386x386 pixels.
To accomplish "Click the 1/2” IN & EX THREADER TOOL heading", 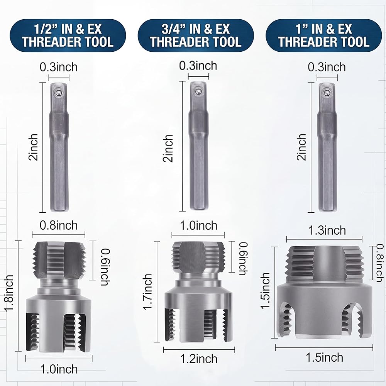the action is click(x=68, y=36).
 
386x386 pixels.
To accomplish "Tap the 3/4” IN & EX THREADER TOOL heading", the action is click(x=196, y=36).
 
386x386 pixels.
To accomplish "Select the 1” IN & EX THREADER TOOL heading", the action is click(x=324, y=36).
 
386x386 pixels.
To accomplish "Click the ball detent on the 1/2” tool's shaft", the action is click(x=59, y=93).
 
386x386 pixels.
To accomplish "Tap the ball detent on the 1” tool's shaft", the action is click(x=327, y=93).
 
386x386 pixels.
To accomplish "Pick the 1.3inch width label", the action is click(x=327, y=230).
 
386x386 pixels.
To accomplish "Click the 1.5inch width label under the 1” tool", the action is click(x=325, y=357).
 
